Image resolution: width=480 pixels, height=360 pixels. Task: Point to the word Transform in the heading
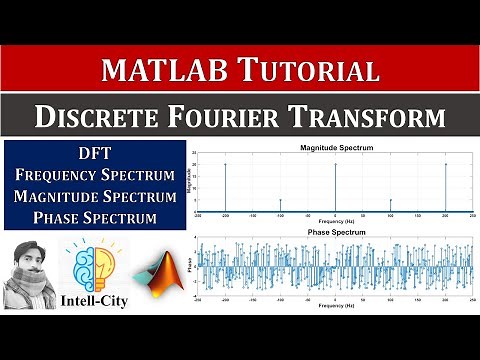pos(374,118)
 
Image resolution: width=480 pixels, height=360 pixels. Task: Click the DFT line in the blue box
pos(95,154)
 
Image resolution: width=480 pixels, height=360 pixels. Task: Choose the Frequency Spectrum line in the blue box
pos(95,175)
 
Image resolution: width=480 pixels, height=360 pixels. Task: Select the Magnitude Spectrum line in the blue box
pos(95,196)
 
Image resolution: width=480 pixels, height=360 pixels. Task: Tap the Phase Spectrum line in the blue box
pos(95,217)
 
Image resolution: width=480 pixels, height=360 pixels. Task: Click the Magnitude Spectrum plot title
pos(335,148)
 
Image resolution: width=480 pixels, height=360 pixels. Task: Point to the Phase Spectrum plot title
pos(335,232)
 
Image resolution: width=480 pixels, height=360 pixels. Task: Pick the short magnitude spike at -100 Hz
pos(280,205)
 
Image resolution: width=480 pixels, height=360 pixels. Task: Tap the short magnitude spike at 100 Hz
pos(391,205)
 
